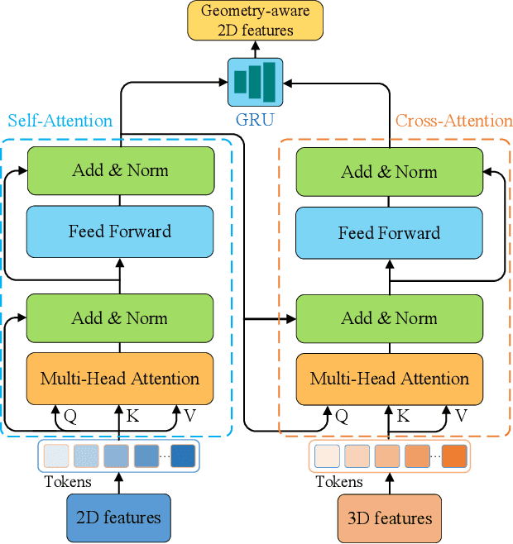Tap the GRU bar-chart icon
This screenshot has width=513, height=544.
pos(255,81)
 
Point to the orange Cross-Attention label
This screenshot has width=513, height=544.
pos(453,121)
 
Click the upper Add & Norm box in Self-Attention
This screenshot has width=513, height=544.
pos(120,171)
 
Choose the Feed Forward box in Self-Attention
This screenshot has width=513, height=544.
pos(120,231)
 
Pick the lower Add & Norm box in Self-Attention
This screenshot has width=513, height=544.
pos(120,318)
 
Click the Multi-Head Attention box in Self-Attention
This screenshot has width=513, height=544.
pos(120,379)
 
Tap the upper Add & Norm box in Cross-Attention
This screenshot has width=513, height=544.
pos(389,172)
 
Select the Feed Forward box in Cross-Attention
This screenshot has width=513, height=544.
pos(389,232)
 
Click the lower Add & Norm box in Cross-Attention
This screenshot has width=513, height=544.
pos(389,318)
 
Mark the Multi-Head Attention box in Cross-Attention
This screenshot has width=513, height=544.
pos(389,379)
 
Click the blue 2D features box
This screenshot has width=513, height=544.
pos(118,518)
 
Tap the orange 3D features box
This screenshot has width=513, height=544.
pos(389,518)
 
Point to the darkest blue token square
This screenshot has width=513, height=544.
pos(183,456)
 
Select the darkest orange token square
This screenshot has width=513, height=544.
pos(453,456)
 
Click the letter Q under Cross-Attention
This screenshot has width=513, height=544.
pos(342,417)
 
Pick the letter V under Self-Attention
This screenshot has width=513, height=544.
pos(190,416)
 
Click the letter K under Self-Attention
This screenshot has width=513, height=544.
pos(132,416)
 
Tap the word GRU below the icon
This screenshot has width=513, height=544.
pos(255,121)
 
